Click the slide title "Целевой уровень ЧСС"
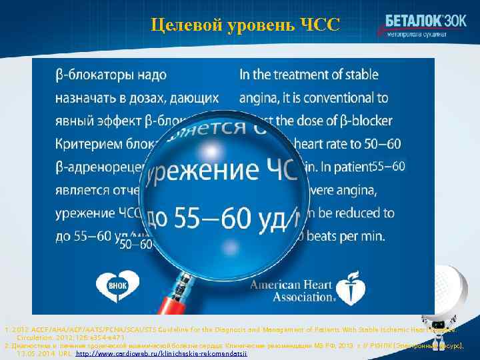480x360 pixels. pyautogui.click(x=245, y=25)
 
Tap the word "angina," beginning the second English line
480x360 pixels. pyautogui.click(x=259, y=98)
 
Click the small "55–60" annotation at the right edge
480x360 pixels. pyautogui.click(x=388, y=165)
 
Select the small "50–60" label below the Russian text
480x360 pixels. pyautogui.click(x=136, y=245)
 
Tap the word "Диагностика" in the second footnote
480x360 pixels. pyautogui.click(x=29, y=347)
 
